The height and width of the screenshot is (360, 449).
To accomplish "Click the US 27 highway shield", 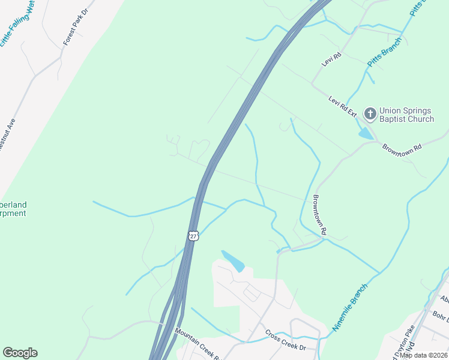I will [x=193, y=235].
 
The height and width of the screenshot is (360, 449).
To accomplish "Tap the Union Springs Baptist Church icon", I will [x=370, y=113].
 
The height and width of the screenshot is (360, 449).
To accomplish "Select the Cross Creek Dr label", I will [x=286, y=340].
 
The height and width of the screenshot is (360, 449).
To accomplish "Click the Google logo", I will [x=20, y=353].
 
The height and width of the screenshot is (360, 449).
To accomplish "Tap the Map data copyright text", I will [x=424, y=355].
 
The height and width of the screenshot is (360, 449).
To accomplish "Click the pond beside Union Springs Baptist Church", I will [x=366, y=134].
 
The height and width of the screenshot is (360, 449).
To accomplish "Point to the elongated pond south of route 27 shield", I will [x=233, y=260].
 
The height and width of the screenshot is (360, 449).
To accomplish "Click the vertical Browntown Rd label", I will [x=319, y=214].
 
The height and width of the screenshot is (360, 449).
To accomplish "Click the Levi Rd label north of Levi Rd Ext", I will [x=330, y=59].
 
